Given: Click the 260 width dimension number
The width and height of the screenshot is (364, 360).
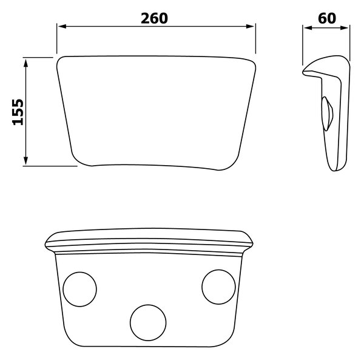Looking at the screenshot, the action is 154,18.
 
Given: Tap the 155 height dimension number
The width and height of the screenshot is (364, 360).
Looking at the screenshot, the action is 18,112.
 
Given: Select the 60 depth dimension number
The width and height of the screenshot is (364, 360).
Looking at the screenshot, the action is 327,18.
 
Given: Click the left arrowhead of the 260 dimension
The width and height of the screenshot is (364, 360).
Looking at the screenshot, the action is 62,26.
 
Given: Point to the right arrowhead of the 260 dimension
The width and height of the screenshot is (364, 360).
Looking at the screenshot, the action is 250,26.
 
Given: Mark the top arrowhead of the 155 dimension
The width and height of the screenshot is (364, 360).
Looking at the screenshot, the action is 25,63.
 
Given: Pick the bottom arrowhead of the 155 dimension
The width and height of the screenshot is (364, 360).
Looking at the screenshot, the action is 25,161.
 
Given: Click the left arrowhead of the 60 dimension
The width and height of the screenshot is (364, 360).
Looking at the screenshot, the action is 308,28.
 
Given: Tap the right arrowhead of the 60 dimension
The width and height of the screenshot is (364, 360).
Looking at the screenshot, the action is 344,28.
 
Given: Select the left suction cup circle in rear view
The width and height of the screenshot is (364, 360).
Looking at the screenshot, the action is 63,289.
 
